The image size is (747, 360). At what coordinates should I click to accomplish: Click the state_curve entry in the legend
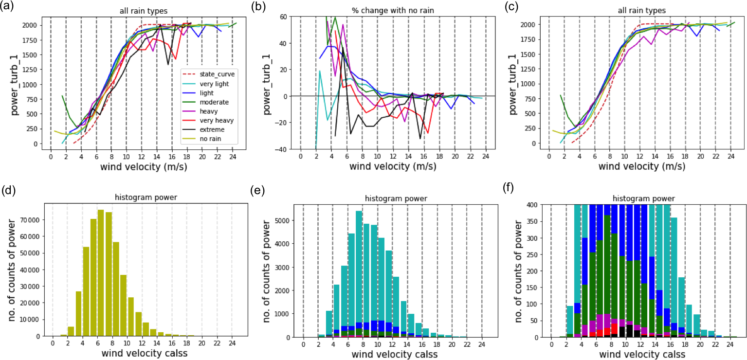(x=215, y=74)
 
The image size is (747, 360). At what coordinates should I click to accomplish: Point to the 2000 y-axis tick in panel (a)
(x=33, y=25)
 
